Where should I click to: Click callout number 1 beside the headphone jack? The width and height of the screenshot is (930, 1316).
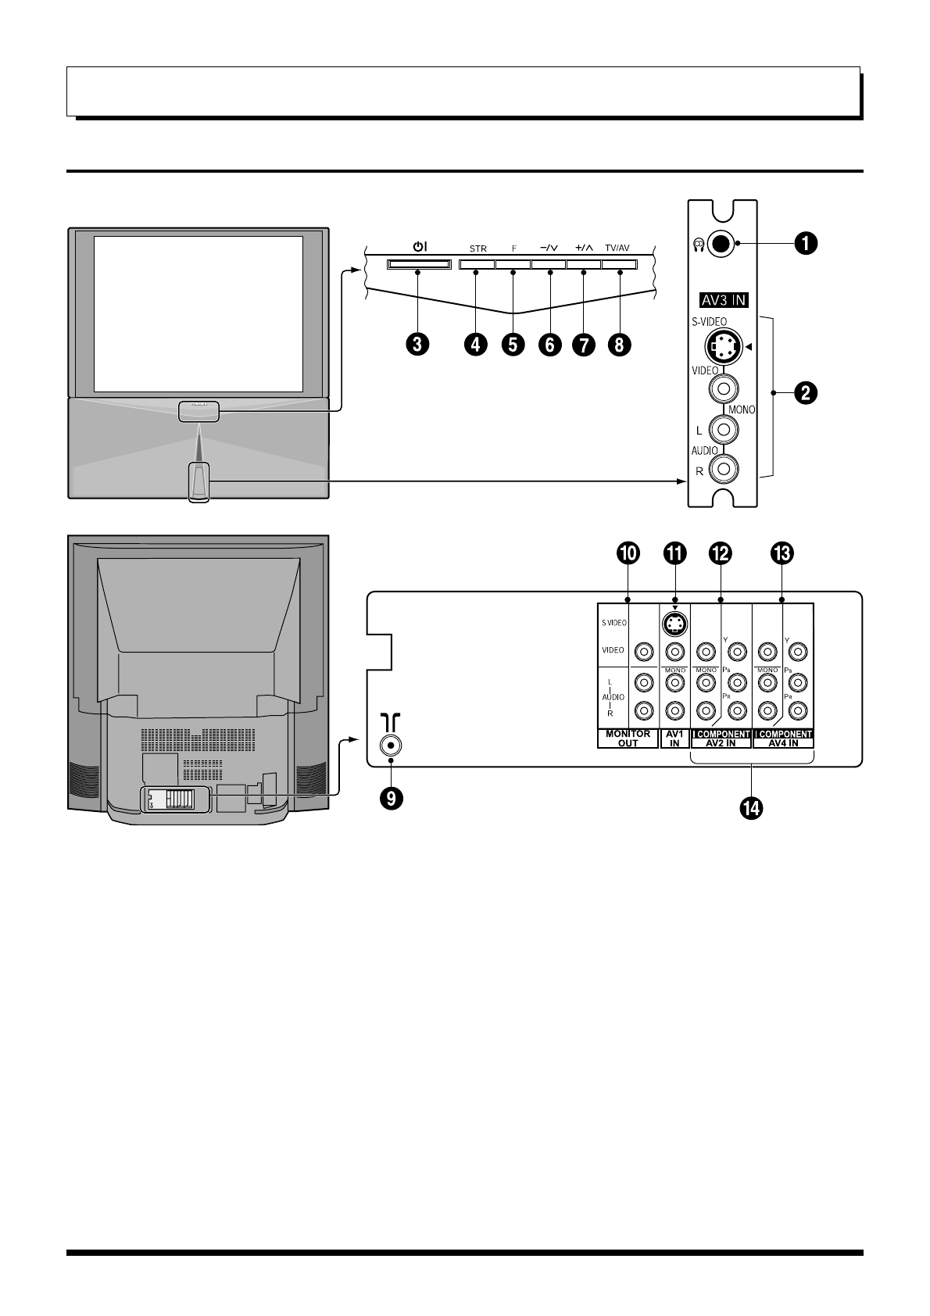[x=806, y=244]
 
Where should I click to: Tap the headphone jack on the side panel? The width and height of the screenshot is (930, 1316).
[x=722, y=244]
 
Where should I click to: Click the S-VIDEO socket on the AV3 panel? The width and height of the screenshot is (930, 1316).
[x=722, y=346]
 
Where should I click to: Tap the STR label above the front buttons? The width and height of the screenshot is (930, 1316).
[x=478, y=249]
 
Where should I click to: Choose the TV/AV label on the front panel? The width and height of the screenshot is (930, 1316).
[x=617, y=249]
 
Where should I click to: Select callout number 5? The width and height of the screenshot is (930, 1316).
[x=513, y=345]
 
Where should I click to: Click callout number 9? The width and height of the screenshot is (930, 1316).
[x=392, y=797]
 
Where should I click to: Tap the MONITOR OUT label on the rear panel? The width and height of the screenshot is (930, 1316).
[x=628, y=738]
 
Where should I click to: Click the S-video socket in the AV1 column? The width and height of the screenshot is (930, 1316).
[x=674, y=623]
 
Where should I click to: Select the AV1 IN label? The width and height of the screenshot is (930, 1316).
[x=674, y=738]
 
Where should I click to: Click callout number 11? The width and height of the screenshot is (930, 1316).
[x=674, y=553]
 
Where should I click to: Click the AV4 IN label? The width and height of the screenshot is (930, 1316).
[x=783, y=743]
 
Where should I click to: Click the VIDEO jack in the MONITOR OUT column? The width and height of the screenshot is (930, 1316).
[x=643, y=651]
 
